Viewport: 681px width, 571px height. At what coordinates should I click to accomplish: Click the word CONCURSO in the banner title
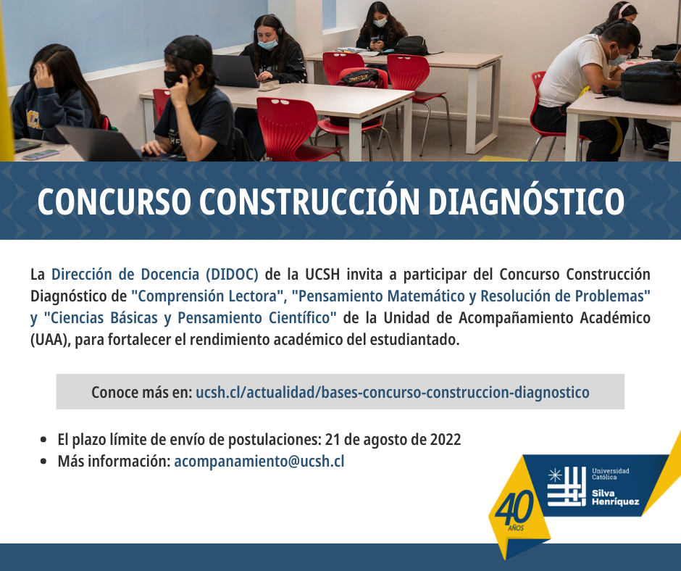point(114,201)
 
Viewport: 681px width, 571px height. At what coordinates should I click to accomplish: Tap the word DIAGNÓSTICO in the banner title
point(527,201)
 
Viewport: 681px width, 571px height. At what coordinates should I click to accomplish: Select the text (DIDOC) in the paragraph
point(232,275)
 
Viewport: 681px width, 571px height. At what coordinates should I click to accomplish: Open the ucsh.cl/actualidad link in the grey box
point(393,393)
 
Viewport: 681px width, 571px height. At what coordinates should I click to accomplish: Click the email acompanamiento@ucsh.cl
point(259,461)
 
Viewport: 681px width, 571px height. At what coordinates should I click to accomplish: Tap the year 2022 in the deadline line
point(445,439)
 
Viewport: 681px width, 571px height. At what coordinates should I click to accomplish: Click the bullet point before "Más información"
point(43,462)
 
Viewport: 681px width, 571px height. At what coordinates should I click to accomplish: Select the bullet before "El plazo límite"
point(43,440)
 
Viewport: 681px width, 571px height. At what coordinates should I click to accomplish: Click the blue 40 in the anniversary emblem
point(514,508)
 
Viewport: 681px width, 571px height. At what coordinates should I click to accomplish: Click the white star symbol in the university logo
point(555,475)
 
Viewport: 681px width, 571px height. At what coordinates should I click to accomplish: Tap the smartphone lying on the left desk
point(41,154)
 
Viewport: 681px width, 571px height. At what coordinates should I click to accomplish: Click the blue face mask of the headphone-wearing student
point(267,43)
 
